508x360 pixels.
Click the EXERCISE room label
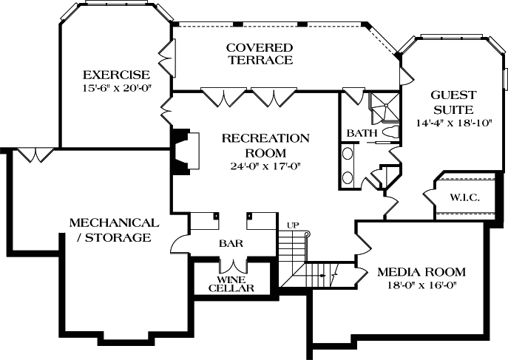[116, 75]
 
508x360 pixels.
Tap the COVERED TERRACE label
[259, 54]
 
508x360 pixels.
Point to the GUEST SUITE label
[453, 102]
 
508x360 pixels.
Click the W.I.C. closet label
[464, 197]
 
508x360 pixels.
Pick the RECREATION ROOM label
[254, 145]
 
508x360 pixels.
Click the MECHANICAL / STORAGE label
[113, 230]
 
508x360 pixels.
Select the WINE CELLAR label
[236, 285]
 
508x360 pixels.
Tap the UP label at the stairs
[292, 225]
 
